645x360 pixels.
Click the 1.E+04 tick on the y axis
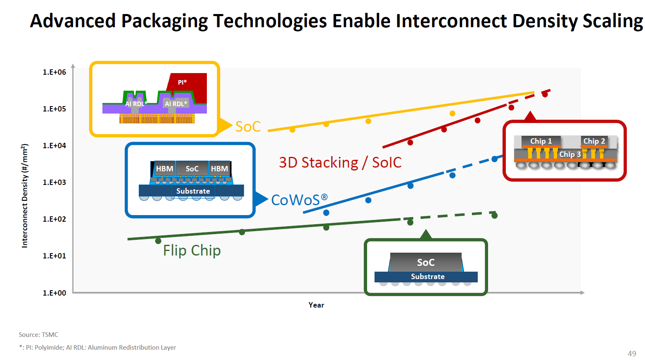coord(54,146)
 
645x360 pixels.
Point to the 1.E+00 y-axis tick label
coord(54,293)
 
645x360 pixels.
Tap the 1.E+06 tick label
coord(54,72)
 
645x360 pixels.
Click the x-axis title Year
coord(316,305)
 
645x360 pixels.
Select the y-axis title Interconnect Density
coord(25,196)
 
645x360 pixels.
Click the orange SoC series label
coord(248,127)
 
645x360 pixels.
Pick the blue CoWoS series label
coord(299,200)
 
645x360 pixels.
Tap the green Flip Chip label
coord(192,251)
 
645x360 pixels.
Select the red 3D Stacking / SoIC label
coord(340,163)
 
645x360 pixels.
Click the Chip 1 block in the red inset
coord(541,141)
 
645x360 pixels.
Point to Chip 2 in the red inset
coord(594,141)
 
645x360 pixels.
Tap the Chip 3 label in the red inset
coord(570,154)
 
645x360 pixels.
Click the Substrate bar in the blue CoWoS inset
coord(192,191)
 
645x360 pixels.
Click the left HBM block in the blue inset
coord(164,169)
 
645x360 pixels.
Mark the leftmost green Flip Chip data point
coord(158,241)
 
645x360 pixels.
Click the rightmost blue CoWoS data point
coord(494,159)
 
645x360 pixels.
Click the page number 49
coord(632,353)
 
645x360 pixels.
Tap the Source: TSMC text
coord(38,335)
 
